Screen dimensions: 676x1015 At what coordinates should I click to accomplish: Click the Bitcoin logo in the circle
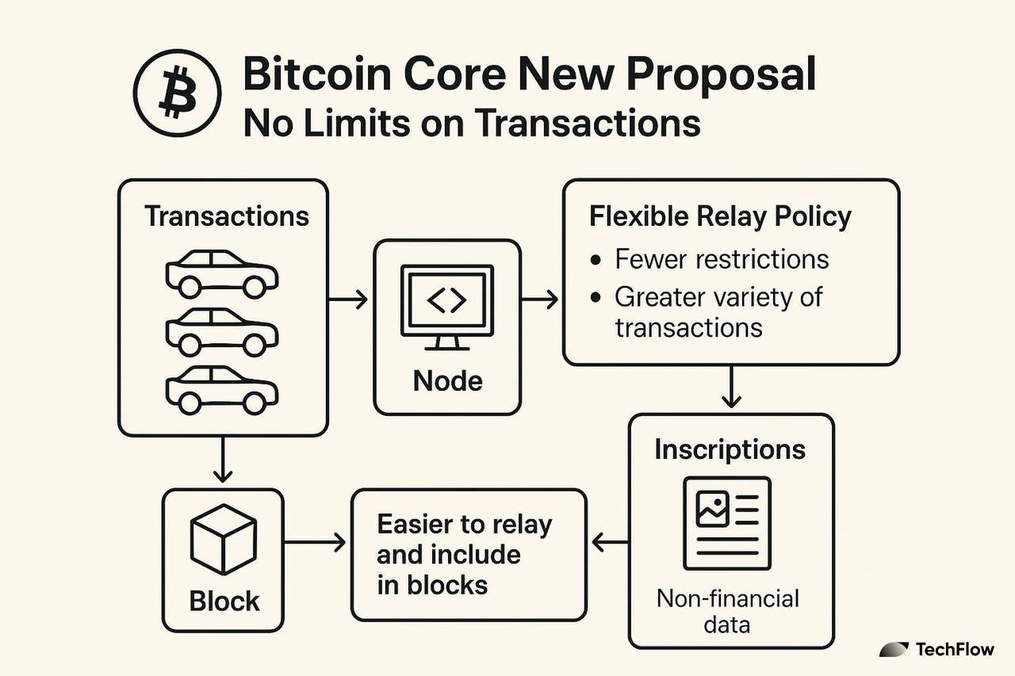177,96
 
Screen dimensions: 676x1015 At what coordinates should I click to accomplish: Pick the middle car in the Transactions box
222,331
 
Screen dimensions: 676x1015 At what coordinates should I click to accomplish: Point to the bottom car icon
222,389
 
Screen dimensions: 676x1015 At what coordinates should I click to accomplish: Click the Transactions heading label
227,216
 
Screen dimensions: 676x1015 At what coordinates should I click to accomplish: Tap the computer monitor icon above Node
447,306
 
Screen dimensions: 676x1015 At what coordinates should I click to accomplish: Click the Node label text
447,381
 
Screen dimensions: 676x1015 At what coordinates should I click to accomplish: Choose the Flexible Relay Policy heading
720,216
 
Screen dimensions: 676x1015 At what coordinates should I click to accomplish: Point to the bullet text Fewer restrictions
722,258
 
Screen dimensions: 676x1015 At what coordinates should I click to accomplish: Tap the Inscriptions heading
730,450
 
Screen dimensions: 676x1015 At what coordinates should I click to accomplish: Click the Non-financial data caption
727,610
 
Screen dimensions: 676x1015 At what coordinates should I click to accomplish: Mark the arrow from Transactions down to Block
224,460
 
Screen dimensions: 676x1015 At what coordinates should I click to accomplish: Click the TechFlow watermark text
954,650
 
